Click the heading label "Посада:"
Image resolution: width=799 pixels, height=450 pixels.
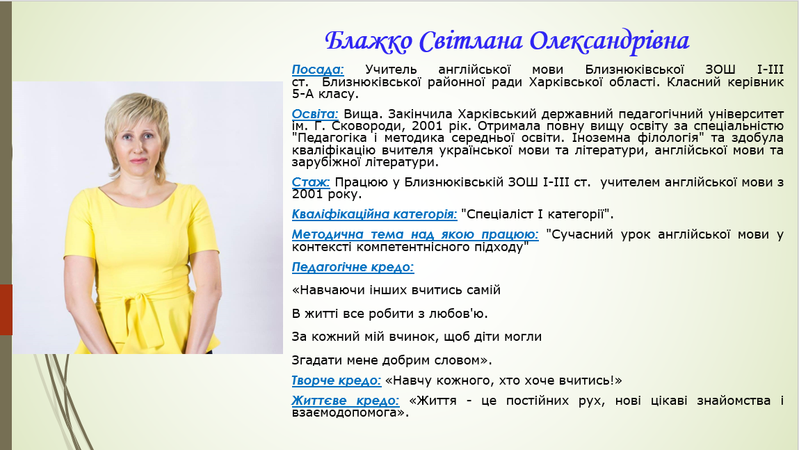(318, 70)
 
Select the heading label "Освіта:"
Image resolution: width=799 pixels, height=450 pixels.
(315, 114)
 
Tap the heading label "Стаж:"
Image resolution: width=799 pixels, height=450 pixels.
(311, 182)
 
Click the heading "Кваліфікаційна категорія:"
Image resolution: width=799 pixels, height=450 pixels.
(375, 214)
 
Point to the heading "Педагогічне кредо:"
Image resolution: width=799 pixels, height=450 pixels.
(353, 267)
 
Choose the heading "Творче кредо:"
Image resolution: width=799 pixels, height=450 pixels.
(337, 380)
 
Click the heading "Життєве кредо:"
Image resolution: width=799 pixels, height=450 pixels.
(346, 401)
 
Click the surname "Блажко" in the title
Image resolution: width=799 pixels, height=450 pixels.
(369, 41)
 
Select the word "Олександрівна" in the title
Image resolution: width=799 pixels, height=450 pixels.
(609, 41)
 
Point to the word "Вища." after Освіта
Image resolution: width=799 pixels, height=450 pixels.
(360, 114)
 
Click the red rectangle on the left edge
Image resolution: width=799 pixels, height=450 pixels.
(6, 310)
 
